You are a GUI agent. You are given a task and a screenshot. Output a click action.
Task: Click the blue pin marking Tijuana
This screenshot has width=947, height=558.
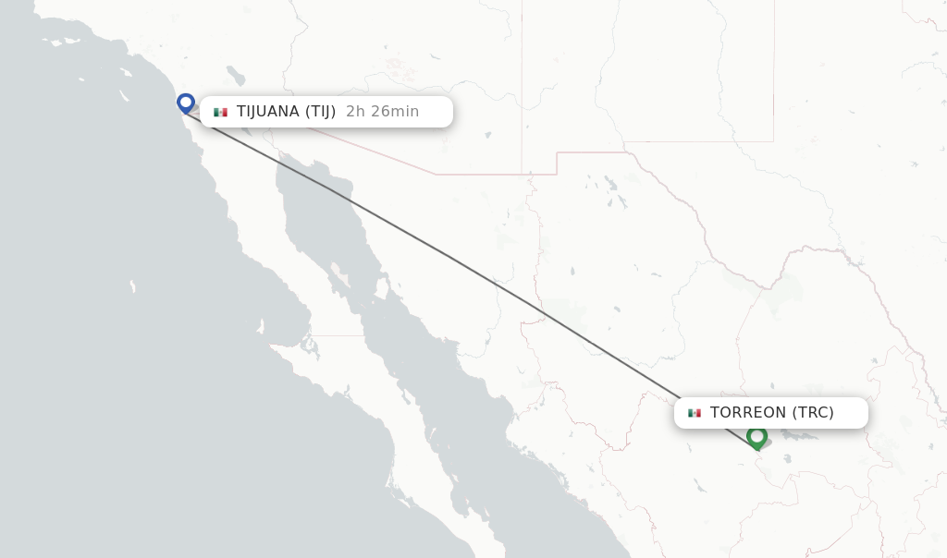pos(186,102)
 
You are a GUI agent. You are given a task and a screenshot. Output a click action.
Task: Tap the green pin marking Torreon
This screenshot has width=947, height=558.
pos(756,436)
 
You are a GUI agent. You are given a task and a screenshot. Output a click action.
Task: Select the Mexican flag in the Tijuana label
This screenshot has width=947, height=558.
pos(220,112)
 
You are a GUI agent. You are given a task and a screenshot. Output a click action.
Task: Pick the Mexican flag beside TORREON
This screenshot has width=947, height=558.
pos(695,413)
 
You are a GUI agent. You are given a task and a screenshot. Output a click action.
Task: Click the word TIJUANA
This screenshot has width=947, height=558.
pos(268,112)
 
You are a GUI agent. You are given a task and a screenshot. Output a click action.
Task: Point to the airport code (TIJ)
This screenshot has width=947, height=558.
pos(320,112)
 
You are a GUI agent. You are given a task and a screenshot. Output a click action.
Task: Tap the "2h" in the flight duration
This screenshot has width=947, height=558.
pos(356,112)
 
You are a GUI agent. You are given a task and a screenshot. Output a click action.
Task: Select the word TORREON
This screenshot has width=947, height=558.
pos(748,413)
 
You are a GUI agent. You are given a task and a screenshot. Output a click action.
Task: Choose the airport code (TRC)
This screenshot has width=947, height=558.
pos(813,413)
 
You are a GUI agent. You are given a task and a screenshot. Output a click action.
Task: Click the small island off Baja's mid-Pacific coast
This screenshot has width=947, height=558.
pos(262,325)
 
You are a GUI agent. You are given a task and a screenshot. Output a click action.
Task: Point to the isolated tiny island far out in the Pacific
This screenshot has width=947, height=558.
pos(133,286)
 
